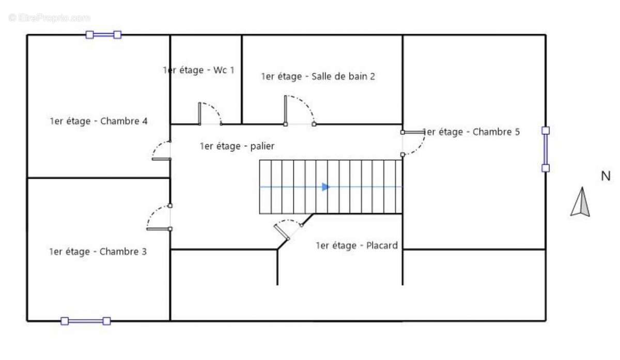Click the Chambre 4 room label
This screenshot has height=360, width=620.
98,121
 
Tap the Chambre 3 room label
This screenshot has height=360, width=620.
98,252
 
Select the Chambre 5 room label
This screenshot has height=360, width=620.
471,132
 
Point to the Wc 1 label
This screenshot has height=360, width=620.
198,70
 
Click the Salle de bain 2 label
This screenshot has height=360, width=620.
318,77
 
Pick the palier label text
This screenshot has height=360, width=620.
237,146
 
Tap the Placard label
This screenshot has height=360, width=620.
357,246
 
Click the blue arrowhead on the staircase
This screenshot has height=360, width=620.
326,187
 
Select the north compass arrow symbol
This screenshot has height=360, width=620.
580,202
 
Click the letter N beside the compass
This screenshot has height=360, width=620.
606,176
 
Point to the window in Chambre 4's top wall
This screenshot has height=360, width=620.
103,35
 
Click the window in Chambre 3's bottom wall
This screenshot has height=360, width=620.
85,321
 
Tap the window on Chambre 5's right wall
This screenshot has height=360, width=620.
545,149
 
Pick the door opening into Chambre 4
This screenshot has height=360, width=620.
161,150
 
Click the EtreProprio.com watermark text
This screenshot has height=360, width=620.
49,18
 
